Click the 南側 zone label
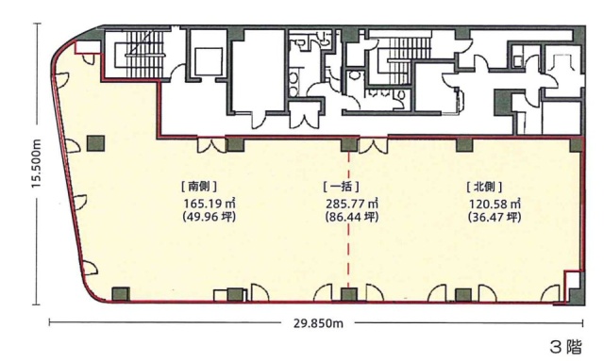(199, 187)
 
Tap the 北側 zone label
(484, 187)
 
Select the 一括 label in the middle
(342, 187)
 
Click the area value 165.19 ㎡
(210, 203)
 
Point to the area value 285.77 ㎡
(352, 204)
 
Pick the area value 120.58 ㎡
(495, 204)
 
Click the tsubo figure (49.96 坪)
(209, 217)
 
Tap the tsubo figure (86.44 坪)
(352, 217)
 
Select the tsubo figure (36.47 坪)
(495, 217)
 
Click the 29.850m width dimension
(318, 323)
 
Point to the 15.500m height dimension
(36, 164)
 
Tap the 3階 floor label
(565, 347)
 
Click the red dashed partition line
(348, 220)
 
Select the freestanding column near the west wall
(95, 143)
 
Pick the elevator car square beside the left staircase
(209, 62)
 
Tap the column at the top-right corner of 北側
(576, 145)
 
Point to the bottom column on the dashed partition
(348, 295)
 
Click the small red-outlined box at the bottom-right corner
(572, 280)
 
